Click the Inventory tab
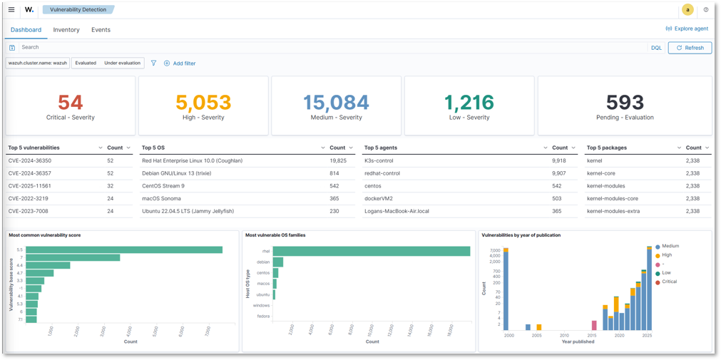coord(66,30)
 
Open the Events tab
coord(101,30)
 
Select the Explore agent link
coord(687,29)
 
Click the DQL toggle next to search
coord(656,48)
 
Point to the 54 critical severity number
coord(71,103)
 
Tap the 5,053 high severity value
coord(203,103)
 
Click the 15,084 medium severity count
coord(336,103)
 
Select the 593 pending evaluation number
coord(625,103)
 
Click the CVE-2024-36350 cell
coord(30,161)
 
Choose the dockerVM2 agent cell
coord(379,199)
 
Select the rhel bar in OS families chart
coord(371,251)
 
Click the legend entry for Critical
coord(668,282)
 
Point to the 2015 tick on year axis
coord(592,335)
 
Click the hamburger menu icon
coord(11,10)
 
